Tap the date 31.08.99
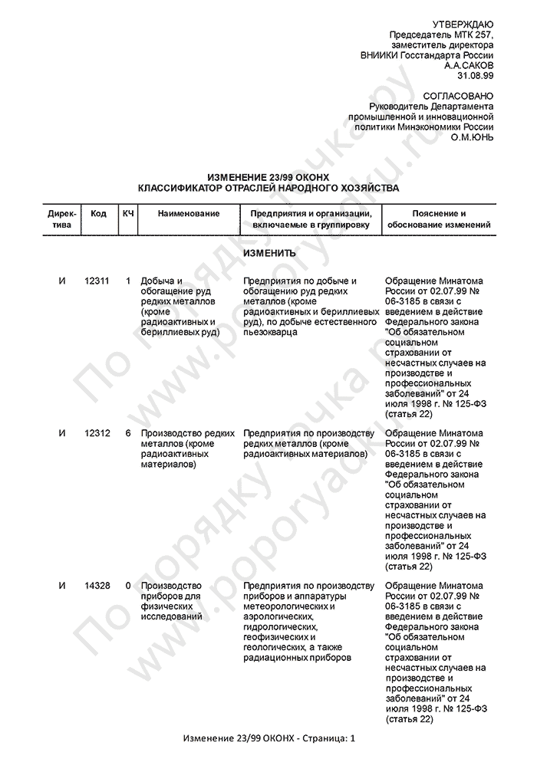pos(476,77)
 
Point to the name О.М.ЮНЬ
pos(472,137)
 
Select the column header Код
pos(98,213)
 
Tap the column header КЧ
pos(128,213)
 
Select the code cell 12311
pos(97,281)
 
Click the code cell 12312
pos(97,433)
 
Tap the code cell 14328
pos(97,586)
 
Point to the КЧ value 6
pos(128,433)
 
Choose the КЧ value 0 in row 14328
pos(128,586)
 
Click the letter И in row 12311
pos(62,281)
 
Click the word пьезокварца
pos(268,332)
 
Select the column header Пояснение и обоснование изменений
pos(439,219)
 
